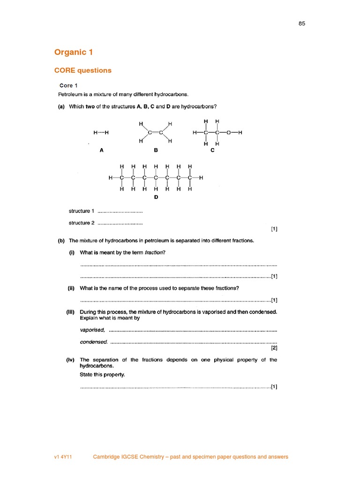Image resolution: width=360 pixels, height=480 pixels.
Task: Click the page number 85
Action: tap(302, 23)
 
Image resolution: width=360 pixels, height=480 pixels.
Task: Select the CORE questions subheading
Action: tap(83, 70)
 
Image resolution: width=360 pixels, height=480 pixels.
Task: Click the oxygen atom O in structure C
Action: tap(228, 133)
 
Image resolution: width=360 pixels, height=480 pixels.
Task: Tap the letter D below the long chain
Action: tap(156, 197)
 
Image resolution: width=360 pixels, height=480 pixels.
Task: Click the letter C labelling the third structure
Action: tap(212, 150)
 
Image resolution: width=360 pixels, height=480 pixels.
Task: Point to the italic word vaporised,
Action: tap(93, 330)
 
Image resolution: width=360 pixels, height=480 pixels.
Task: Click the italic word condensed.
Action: tap(94, 342)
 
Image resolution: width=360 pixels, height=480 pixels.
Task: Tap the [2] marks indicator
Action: tap(274, 348)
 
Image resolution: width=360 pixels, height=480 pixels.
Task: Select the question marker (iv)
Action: tap(71, 360)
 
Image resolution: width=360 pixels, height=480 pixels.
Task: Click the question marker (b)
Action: tap(61, 240)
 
